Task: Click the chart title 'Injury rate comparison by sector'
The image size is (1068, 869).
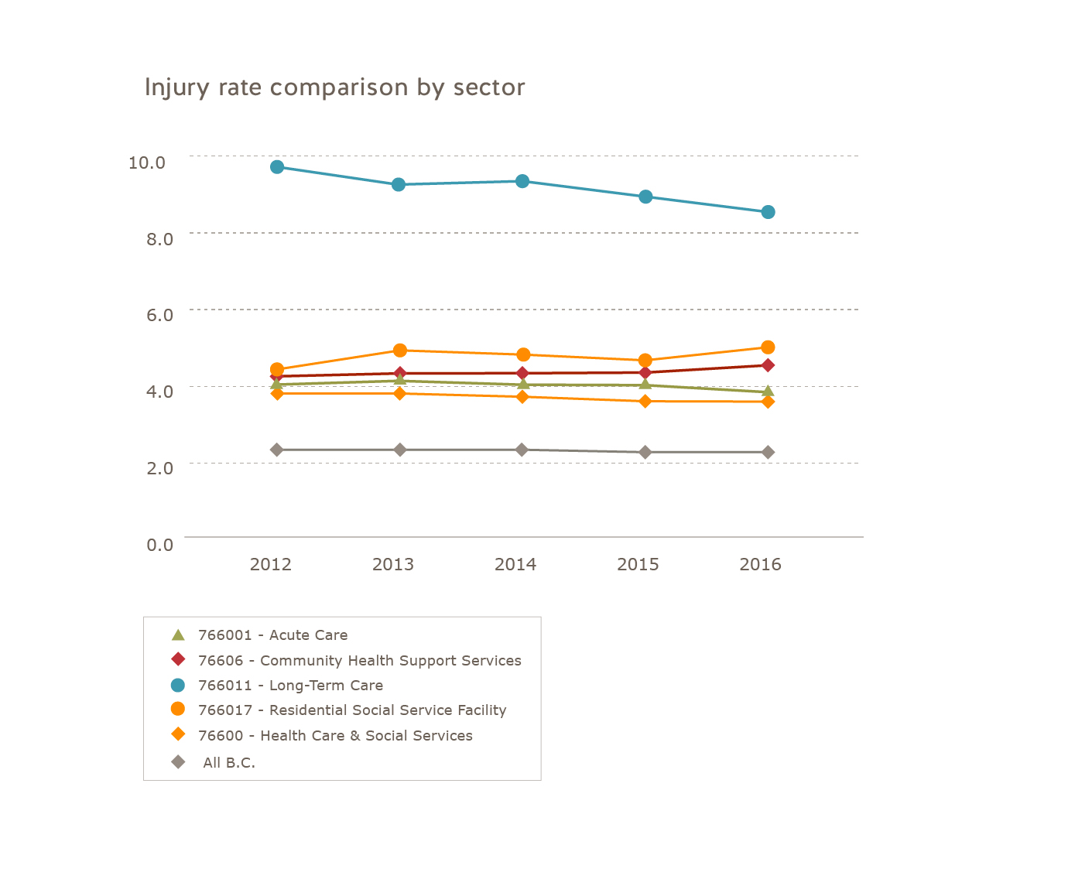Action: (x=334, y=87)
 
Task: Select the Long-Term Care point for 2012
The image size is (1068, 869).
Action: (x=277, y=167)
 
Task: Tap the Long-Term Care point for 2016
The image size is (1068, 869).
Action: (x=768, y=212)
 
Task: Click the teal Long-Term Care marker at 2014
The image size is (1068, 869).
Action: (x=522, y=181)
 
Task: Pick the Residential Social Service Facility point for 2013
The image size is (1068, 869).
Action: (x=400, y=351)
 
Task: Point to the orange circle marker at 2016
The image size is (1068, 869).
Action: (x=768, y=347)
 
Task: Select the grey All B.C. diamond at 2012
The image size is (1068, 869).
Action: (x=277, y=450)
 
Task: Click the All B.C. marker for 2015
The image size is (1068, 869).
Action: (x=645, y=452)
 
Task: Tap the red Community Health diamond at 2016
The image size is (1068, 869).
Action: (x=768, y=365)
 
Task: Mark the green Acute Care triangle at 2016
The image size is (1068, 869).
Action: (x=768, y=392)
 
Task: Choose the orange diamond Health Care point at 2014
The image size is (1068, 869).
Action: (x=522, y=397)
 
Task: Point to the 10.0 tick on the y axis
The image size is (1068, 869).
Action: (x=147, y=163)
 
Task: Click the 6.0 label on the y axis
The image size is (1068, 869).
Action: (x=159, y=314)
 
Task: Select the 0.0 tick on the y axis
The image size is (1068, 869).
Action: (x=159, y=545)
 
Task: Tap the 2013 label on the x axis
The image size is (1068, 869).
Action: (x=393, y=565)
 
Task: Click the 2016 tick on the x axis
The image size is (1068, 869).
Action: (x=761, y=565)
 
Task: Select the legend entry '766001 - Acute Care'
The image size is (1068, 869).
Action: (x=272, y=635)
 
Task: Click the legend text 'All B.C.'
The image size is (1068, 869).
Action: (x=229, y=763)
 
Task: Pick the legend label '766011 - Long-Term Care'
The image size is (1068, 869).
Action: (x=290, y=686)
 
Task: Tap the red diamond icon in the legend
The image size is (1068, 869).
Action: (x=178, y=660)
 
